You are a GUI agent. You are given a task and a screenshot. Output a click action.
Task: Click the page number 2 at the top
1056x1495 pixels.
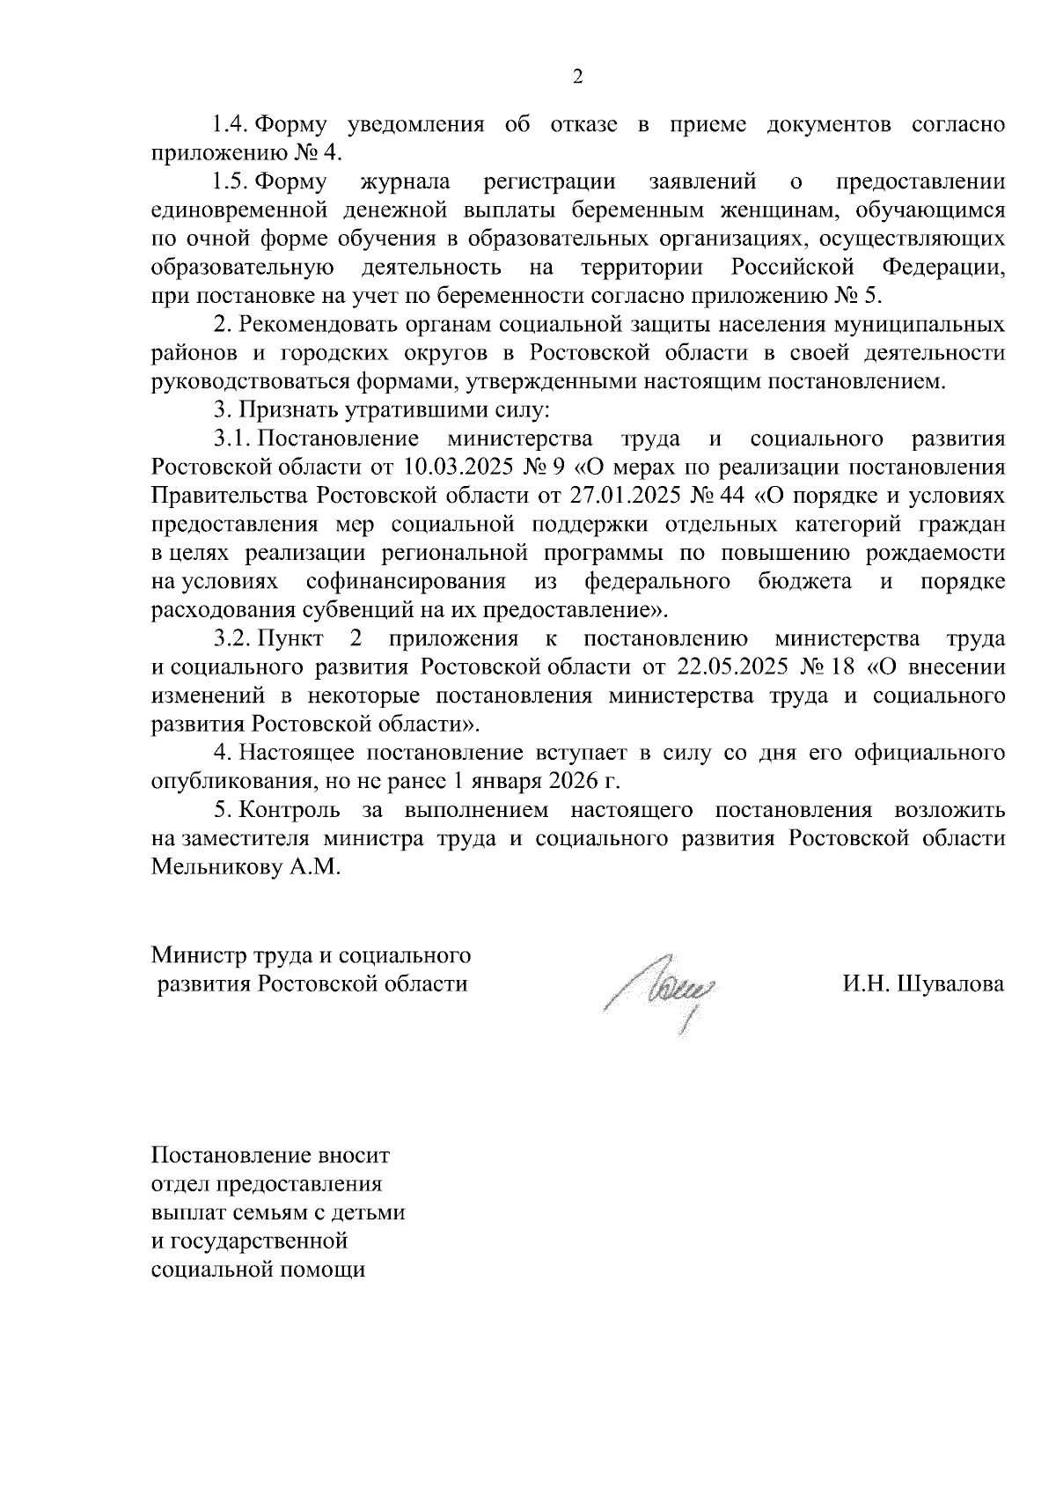(x=577, y=77)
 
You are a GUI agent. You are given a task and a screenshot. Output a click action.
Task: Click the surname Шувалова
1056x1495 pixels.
(x=952, y=983)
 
